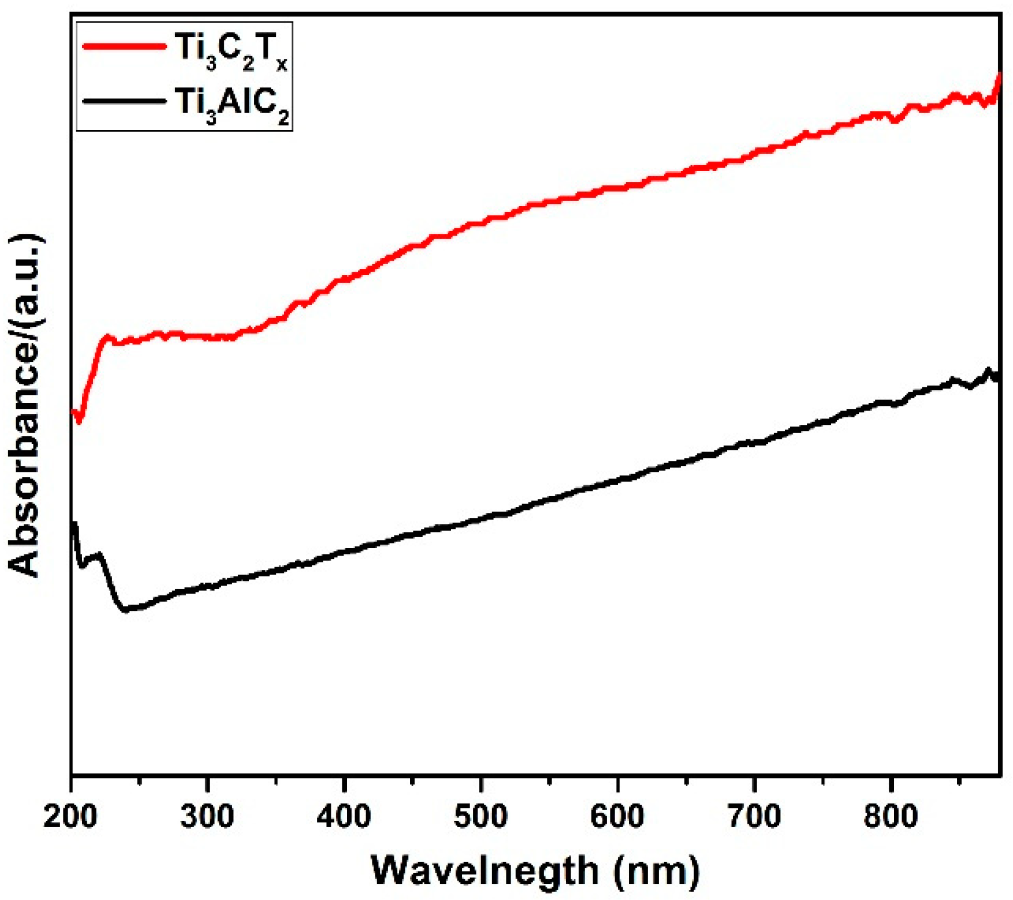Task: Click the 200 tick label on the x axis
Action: click(70, 817)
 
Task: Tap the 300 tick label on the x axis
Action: click(207, 817)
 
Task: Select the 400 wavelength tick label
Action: click(344, 817)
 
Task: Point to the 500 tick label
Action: click(480, 817)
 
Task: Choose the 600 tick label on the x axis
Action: click(618, 817)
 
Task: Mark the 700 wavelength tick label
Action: click(754, 817)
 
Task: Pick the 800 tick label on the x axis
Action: click(891, 817)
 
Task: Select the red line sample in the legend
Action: click(124, 46)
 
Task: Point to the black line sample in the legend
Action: click(124, 101)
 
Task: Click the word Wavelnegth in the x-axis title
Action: click(485, 870)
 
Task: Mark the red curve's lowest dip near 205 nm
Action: click(79, 421)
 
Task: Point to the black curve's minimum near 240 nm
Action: click(125, 609)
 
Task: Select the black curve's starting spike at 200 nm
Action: click(74, 524)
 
